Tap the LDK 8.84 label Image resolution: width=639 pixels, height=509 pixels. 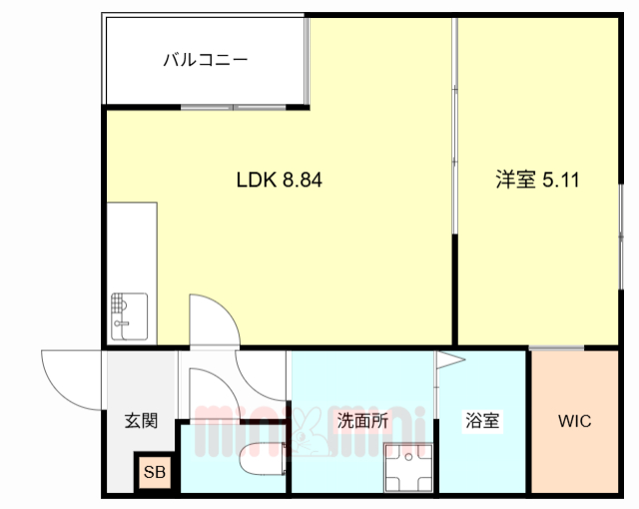(279, 182)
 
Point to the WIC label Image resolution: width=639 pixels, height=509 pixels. (574, 421)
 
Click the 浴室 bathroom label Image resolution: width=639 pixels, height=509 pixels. (481, 421)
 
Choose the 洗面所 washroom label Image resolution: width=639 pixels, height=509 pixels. (362, 421)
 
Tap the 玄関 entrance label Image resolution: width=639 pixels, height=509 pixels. (141, 421)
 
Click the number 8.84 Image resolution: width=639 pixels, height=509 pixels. (303, 182)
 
